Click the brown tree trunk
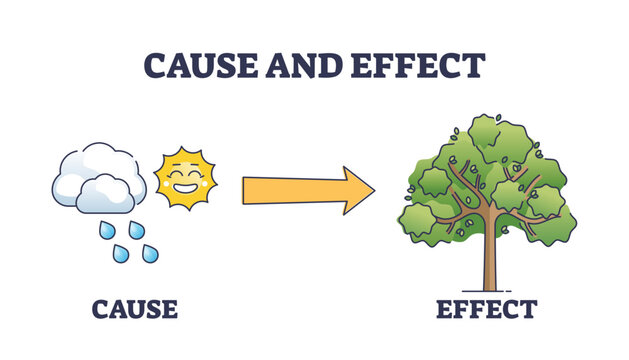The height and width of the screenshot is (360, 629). [x=489, y=262]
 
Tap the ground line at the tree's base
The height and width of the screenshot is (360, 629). [x=489, y=291]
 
